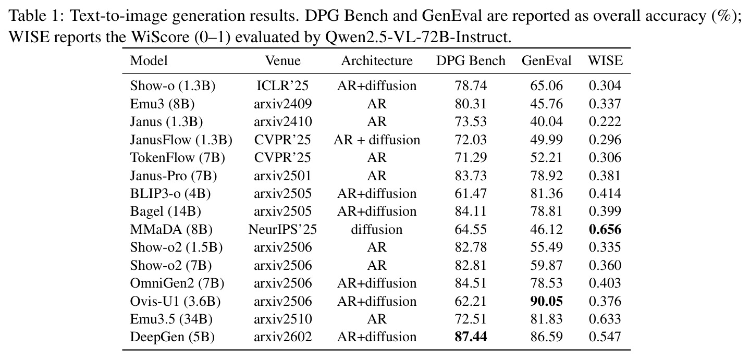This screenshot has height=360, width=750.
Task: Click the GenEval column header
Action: [x=546, y=60]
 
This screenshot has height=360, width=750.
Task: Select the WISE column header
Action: [x=605, y=60]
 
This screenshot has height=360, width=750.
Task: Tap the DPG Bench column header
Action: [x=471, y=60]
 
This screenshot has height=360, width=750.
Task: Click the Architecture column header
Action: [x=377, y=60]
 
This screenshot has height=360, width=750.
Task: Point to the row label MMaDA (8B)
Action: [x=171, y=230]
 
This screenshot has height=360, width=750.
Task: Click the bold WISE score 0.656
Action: [x=605, y=230]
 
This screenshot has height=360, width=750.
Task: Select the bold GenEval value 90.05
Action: [x=546, y=302]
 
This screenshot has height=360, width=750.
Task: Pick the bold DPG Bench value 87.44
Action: [x=471, y=337]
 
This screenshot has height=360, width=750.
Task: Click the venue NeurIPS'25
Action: [x=282, y=230]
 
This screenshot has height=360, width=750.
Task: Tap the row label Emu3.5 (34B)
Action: [x=171, y=319]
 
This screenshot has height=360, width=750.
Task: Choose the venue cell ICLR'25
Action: [x=282, y=86]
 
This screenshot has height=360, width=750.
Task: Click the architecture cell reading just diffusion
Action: [x=377, y=230]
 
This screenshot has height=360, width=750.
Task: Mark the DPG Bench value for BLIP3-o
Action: [x=471, y=194]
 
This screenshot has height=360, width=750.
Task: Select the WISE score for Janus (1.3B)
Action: [x=605, y=122]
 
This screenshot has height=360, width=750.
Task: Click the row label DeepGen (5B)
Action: [x=172, y=337]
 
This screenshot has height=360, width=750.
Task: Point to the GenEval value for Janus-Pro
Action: [x=546, y=176]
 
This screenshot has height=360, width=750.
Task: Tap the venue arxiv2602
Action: [x=282, y=337]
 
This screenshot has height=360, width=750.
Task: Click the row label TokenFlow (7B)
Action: [x=177, y=157]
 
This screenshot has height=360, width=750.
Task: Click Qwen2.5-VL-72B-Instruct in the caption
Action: [x=418, y=37]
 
